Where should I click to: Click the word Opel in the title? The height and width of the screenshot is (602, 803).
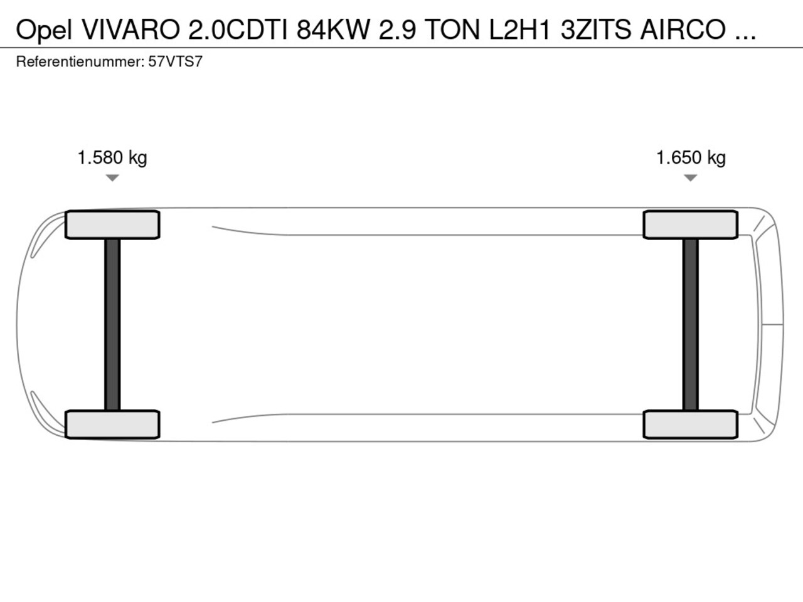[44, 30]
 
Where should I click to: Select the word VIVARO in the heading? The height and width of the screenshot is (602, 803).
[131, 29]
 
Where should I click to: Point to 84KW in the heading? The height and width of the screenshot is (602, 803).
[333, 29]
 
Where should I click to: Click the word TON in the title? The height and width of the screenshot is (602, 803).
[452, 29]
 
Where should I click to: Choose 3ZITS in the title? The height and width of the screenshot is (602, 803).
[596, 29]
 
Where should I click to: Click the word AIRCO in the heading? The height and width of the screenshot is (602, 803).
[683, 29]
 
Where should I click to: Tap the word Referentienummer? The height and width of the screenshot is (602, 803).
[80, 62]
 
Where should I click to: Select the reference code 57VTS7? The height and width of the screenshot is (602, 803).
[175, 62]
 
